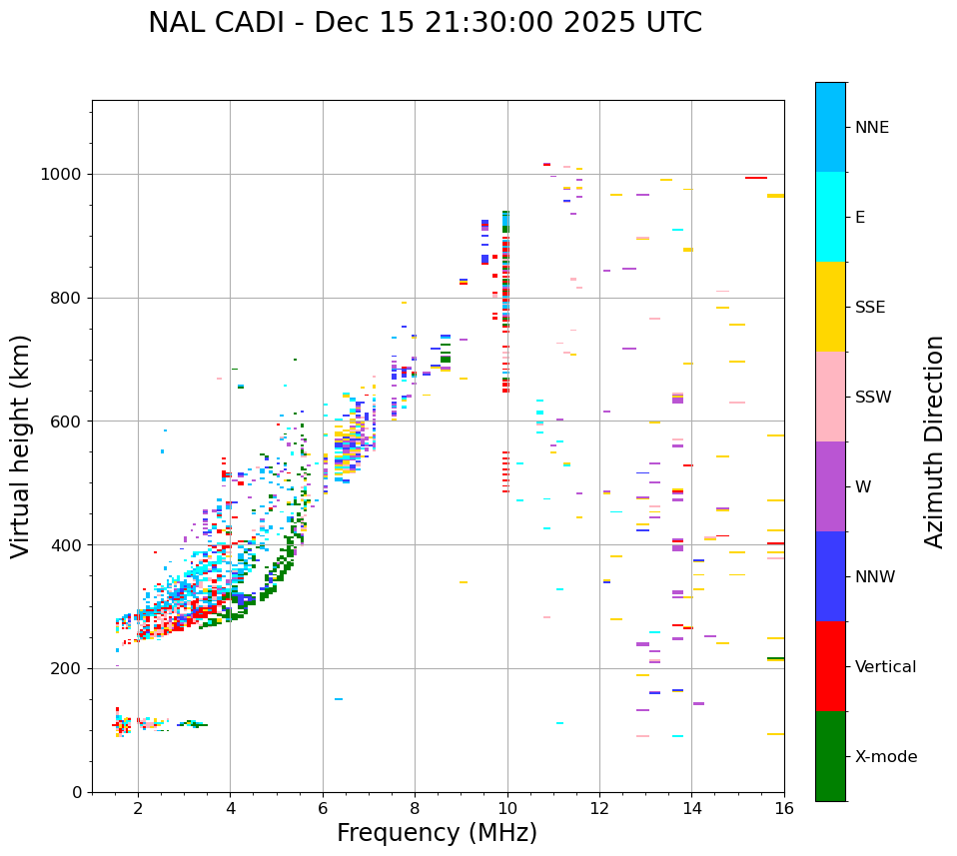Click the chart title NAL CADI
tap(425, 23)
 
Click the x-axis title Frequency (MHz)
tap(437, 833)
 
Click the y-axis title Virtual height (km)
tap(21, 445)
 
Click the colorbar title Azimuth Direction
tap(934, 441)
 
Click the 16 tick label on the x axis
tap(784, 809)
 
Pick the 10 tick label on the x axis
tap(507, 809)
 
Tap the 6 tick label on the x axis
tap(323, 809)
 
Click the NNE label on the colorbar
tap(872, 128)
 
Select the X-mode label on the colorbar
tap(886, 757)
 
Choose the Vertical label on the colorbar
tap(885, 667)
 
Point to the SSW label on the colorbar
tap(873, 398)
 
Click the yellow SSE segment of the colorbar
tap(830, 307)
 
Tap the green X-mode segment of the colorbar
tap(830, 756)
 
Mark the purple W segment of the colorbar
tap(830, 486)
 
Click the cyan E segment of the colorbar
tap(830, 217)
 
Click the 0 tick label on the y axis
tap(78, 792)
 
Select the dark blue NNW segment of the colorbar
tap(830, 576)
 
